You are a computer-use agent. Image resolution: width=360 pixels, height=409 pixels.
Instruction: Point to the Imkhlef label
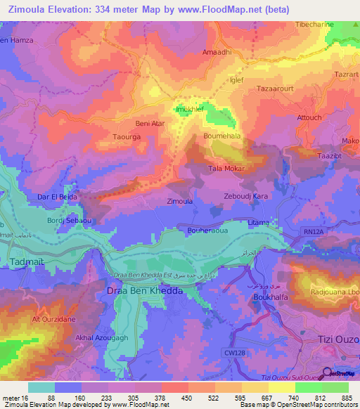(x=188, y=110)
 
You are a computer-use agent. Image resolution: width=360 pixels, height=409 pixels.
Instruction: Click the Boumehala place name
(x=222, y=136)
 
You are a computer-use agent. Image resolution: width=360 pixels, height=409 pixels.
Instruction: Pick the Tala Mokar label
(x=226, y=169)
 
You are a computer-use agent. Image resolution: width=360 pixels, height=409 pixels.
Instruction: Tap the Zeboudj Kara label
(x=245, y=195)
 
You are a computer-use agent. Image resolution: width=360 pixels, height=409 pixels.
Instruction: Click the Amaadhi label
(x=217, y=53)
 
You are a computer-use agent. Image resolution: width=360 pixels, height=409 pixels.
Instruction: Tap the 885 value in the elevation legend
(x=348, y=399)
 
